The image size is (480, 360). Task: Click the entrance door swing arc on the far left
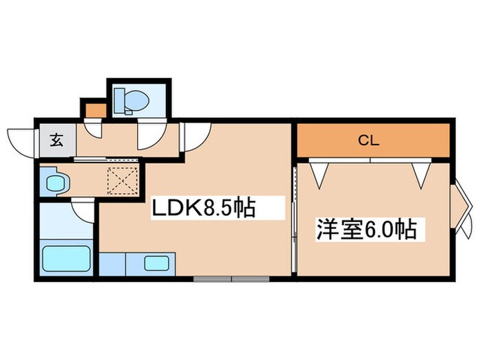click(x=21, y=141)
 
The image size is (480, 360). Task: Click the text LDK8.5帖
click(x=203, y=206)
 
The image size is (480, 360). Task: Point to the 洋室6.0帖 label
click(x=365, y=228)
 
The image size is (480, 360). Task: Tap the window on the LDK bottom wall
click(x=230, y=278)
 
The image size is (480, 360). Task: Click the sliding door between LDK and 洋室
click(x=293, y=219)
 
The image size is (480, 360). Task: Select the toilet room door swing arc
click(x=148, y=133)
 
